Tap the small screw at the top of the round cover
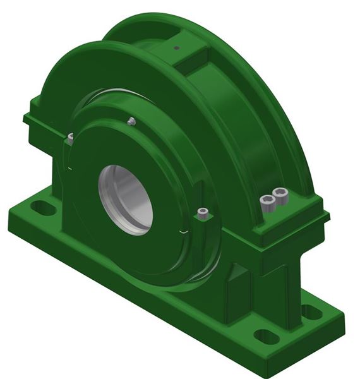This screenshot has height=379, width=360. (131, 121)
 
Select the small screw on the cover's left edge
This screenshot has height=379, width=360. (70, 136)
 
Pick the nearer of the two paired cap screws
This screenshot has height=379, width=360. (268, 202)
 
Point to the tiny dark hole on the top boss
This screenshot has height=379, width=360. (177, 47)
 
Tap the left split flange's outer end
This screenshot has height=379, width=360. (32, 120)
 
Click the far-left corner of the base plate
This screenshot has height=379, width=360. (9, 218)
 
